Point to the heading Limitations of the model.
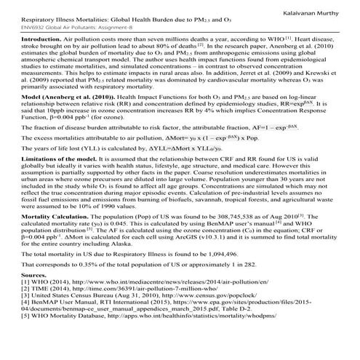coord(58,177)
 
